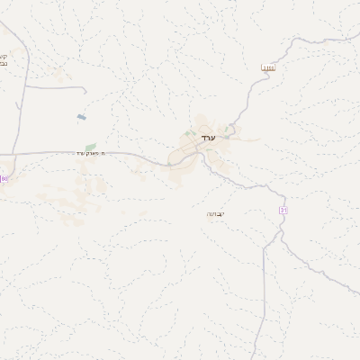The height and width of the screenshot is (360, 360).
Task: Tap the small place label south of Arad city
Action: point(216,213)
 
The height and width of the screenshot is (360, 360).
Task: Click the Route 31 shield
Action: point(283,210)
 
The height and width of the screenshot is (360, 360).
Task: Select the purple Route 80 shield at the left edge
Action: point(4,178)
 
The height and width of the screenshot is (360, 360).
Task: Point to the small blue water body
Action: point(82,117)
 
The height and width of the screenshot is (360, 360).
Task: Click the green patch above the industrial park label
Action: point(90,146)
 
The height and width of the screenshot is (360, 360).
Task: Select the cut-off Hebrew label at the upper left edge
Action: point(4,58)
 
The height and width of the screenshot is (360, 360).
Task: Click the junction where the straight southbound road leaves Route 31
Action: point(265,248)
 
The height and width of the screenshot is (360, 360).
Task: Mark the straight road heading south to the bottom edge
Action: point(264,306)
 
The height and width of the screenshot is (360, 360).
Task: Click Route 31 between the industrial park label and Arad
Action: point(144,157)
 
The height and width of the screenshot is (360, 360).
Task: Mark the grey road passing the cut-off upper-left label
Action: point(20,54)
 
